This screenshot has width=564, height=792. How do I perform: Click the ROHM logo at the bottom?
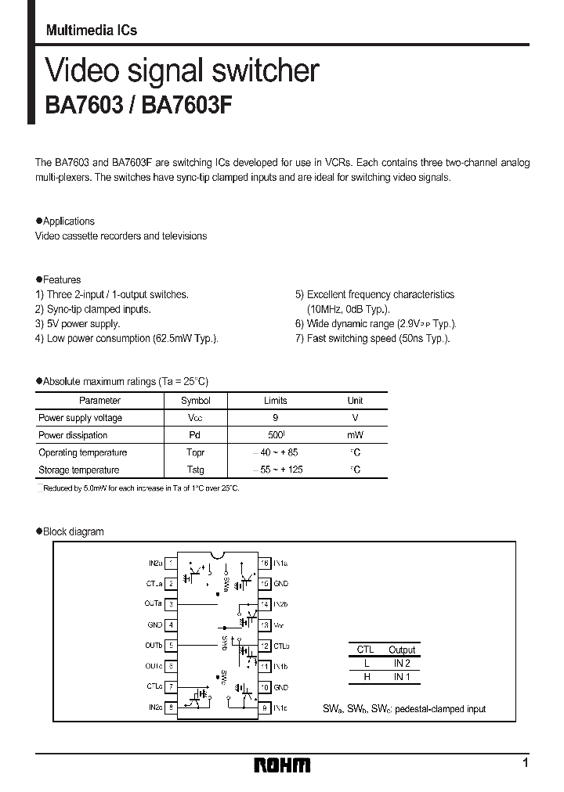coord(282,765)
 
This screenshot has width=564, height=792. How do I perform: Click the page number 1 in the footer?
coord(525,762)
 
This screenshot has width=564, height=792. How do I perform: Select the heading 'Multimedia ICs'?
coord(91,31)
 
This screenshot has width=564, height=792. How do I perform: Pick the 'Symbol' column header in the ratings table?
coord(195,401)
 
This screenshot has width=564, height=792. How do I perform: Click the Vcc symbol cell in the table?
coord(195,418)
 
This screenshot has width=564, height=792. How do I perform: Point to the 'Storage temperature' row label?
coord(79,470)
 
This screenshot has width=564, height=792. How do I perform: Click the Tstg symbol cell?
coord(195,470)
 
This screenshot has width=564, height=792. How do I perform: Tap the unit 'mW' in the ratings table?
coord(355,435)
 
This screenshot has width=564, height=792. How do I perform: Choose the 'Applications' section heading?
coord(69,221)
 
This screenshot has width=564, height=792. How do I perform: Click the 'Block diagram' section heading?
coord(73,531)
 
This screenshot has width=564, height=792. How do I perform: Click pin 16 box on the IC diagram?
coord(265,563)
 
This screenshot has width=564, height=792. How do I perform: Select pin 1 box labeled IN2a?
coord(171,563)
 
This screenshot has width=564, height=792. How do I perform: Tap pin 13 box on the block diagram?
coord(265,625)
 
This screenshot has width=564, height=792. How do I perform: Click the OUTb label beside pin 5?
coord(154,646)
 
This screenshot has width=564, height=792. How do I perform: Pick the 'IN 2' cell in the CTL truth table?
coord(402,663)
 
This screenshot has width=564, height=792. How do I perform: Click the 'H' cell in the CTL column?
coord(365,676)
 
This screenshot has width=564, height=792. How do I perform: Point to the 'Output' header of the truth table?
coord(402,650)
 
